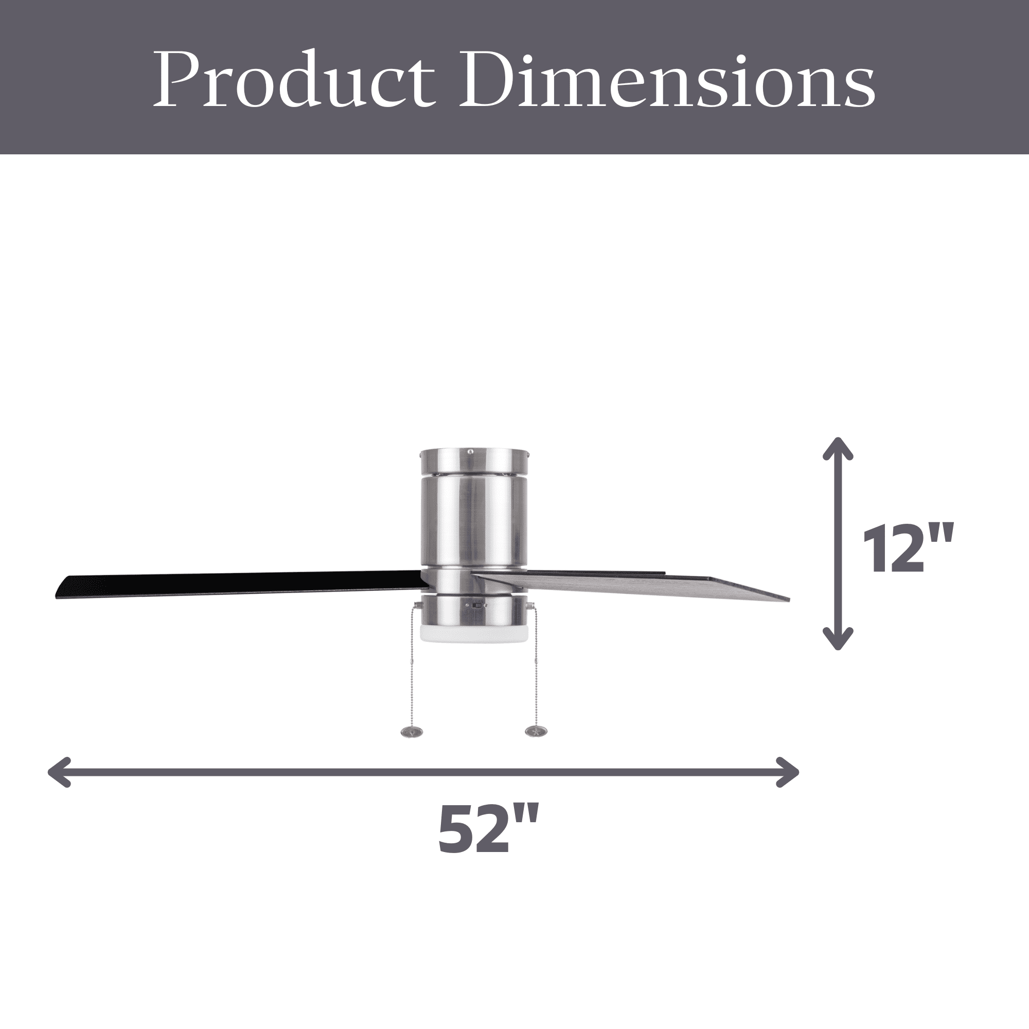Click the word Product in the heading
click(292, 79)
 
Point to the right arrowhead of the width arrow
click(787, 772)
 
